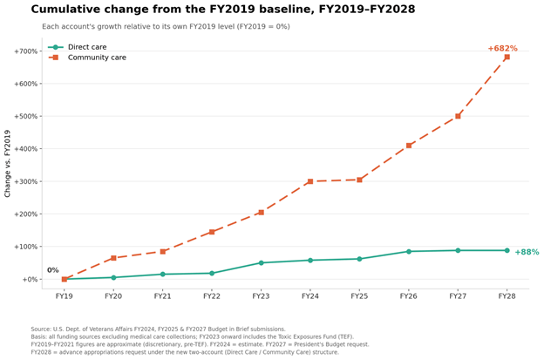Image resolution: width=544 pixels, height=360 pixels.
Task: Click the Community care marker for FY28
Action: [507, 57]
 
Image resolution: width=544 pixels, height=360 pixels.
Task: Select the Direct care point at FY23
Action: [262, 263]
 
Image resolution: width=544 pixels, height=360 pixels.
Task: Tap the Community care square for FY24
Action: [310, 181]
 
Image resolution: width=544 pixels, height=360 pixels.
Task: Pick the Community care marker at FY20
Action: [113, 258]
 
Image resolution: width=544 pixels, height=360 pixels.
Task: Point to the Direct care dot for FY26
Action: [409, 251]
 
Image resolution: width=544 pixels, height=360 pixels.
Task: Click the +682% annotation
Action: [502, 49]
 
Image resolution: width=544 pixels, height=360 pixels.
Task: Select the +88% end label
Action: [527, 252]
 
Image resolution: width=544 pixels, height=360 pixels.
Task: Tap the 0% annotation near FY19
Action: [52, 270]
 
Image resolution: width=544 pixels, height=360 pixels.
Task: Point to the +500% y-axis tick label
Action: [25, 116]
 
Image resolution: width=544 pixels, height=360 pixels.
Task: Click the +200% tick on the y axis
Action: [25, 214]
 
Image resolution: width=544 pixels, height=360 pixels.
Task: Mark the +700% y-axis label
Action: [25, 51]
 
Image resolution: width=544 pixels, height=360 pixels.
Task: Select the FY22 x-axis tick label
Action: [212, 296]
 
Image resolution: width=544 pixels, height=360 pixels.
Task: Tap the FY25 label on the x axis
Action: [359, 296]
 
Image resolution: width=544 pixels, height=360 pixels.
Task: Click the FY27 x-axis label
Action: [458, 296]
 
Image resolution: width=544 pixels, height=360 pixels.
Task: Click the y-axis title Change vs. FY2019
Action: [7, 163]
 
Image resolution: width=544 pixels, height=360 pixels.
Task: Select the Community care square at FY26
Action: [409, 146]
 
